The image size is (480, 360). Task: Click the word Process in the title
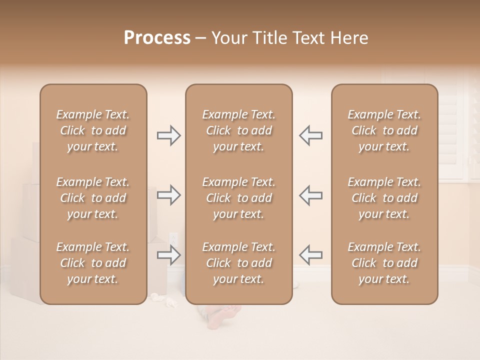pyautogui.click(x=157, y=37)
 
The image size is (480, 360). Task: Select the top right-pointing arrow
pyautogui.click(x=169, y=135)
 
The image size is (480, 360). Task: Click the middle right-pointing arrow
pyautogui.click(x=169, y=195)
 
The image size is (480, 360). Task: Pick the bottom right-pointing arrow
pyautogui.click(x=169, y=255)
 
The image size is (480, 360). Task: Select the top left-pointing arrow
pyautogui.click(x=310, y=135)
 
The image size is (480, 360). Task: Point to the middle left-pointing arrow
pyautogui.click(x=310, y=195)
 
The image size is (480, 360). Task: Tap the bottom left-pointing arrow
pyautogui.click(x=310, y=255)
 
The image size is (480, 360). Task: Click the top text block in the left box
pyautogui.click(x=93, y=130)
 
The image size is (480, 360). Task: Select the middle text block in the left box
pyautogui.click(x=93, y=198)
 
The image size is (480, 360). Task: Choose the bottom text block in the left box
pyautogui.click(x=93, y=263)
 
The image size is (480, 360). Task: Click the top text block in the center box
pyautogui.click(x=239, y=130)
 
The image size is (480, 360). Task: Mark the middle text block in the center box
pyautogui.click(x=239, y=198)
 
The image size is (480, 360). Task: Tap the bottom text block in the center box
pyautogui.click(x=239, y=263)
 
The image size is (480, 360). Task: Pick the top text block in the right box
pyautogui.click(x=384, y=130)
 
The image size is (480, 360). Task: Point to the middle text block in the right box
pyautogui.click(x=384, y=198)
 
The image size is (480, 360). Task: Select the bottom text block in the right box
pyautogui.click(x=384, y=263)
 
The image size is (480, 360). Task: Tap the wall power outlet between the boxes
pyautogui.click(x=173, y=239)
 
